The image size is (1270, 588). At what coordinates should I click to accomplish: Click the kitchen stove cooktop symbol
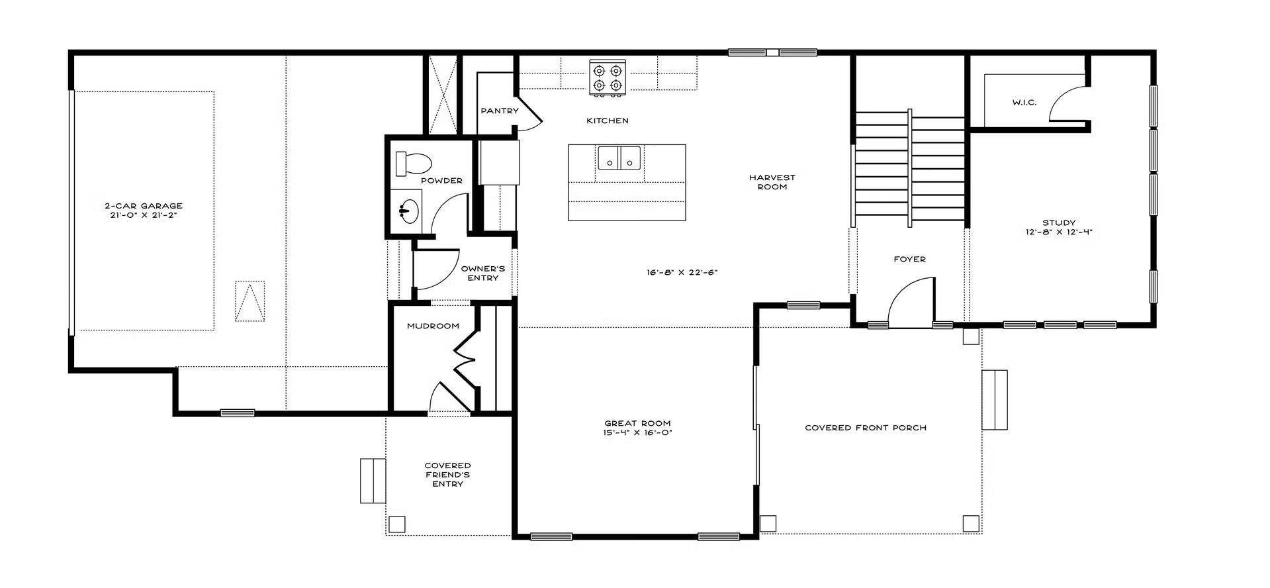pos(608,78)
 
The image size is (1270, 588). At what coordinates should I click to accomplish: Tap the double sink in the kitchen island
pos(619,158)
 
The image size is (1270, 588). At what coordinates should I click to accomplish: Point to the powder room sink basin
pos(406,210)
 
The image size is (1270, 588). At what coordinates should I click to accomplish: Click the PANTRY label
pos(500,111)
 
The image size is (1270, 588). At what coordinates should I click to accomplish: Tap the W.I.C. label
pos(1024,103)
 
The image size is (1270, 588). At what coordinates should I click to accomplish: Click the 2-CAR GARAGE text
pos(144,206)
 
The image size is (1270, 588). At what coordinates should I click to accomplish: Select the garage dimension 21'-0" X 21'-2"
pos(144,215)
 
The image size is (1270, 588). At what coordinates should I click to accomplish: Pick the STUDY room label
pos(1059,222)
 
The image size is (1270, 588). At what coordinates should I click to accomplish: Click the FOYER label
pos(909,259)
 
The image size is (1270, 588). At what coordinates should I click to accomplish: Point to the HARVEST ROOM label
pos(772,182)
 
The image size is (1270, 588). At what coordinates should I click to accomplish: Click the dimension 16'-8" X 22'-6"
pos(682,272)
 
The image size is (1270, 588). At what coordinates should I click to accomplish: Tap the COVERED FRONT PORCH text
pos(866,428)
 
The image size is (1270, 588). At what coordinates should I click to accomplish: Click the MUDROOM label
pos(433,326)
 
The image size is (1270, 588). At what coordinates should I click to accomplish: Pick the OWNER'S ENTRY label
pos(483,273)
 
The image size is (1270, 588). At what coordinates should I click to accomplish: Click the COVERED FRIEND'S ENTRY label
pos(448,475)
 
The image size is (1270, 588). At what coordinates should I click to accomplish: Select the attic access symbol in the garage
pos(250,301)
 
